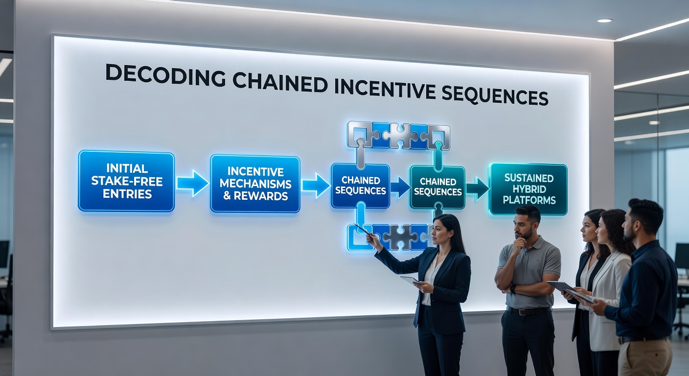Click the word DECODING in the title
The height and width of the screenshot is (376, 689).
pos(165,76)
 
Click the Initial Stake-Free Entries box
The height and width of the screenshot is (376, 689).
pos(126,181)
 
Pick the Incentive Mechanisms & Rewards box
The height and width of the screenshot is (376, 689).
pos(255,184)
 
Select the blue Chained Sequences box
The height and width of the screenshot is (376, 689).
pos(361,186)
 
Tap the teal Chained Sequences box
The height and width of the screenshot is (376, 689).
pos(437,187)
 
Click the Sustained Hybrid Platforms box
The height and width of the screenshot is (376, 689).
pos(528,189)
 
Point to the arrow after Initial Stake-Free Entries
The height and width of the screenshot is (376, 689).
pos(192,183)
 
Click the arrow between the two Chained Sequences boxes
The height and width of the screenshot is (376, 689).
pos(400,187)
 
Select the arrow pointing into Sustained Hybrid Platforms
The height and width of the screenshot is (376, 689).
pos(478,188)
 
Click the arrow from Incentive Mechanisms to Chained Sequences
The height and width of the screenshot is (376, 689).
pos(316,185)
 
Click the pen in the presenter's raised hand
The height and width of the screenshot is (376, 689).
pos(362,230)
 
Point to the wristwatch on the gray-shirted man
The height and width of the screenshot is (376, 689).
pos(512,289)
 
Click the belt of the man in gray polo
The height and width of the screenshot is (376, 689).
pos(528,310)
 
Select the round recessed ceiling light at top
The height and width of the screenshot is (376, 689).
pos(605,21)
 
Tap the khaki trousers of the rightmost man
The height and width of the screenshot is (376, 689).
pos(644,356)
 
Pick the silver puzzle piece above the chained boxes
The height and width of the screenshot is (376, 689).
pos(399,136)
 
